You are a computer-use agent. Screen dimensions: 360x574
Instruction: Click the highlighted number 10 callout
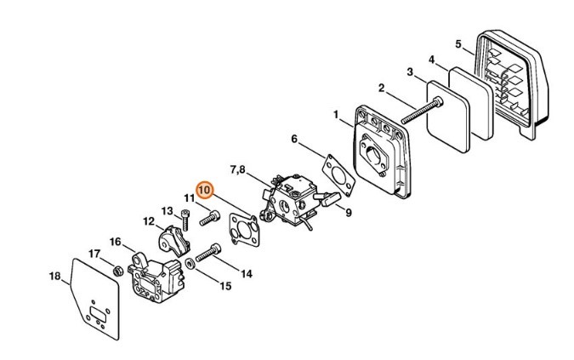pyautogui.click(x=204, y=190)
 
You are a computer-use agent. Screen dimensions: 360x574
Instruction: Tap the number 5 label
pyautogui.click(x=457, y=43)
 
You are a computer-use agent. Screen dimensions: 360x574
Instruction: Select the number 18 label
pyautogui.click(x=54, y=275)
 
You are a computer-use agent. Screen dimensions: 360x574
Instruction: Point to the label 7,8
pyautogui.click(x=237, y=170)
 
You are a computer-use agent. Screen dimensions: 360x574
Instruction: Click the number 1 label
pyautogui.click(x=336, y=113)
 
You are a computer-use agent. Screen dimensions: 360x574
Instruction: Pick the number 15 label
pyautogui.click(x=225, y=286)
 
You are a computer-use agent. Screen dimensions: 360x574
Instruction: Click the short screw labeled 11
pyautogui.click(x=207, y=219)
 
